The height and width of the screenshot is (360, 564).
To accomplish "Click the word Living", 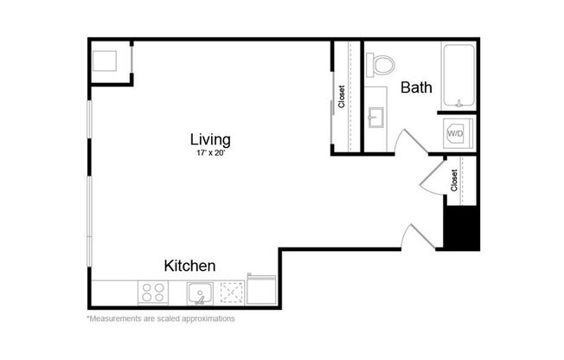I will (210, 139).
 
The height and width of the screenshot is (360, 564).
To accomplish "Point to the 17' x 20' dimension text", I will (210, 153).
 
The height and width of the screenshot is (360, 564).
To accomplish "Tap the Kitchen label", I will (189, 266).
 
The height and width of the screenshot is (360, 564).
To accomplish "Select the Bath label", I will (416, 87).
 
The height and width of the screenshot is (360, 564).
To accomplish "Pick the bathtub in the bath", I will (458, 75).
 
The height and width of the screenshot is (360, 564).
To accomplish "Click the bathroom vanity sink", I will (377, 117).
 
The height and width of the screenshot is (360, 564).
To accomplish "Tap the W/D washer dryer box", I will (455, 134).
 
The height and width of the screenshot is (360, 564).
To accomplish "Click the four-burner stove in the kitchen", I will (154, 293).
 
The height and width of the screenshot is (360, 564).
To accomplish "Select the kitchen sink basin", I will (201, 292).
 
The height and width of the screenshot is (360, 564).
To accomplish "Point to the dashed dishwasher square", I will (233, 292).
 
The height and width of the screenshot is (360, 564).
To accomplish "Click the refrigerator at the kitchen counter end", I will (262, 290).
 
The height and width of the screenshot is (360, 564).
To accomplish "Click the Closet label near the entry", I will (454, 180).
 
